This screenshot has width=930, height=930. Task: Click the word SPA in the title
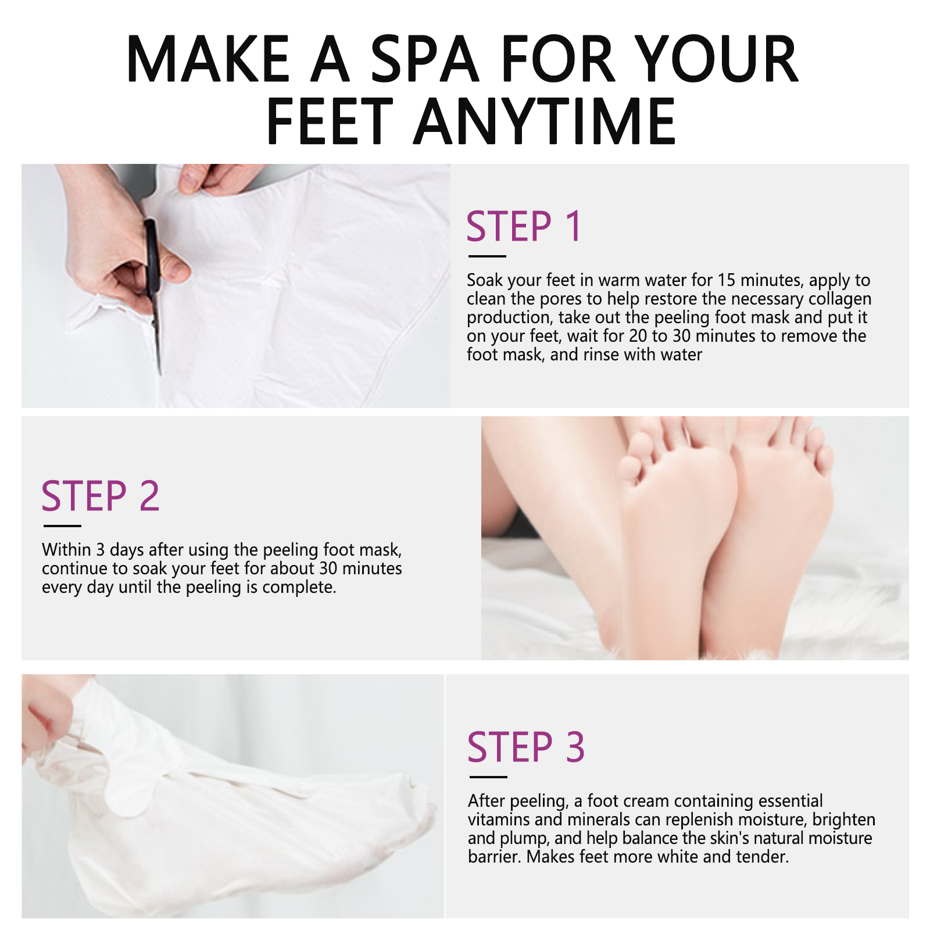[x=425, y=59]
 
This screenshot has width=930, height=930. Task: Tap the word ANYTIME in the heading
[x=545, y=121]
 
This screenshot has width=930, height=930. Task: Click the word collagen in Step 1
[x=840, y=299]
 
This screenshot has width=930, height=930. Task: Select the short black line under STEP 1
[x=487, y=256]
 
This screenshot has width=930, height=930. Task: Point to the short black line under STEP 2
[x=62, y=526]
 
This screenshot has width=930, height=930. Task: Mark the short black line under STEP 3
[x=488, y=777]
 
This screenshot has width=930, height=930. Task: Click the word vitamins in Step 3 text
[x=499, y=820]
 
